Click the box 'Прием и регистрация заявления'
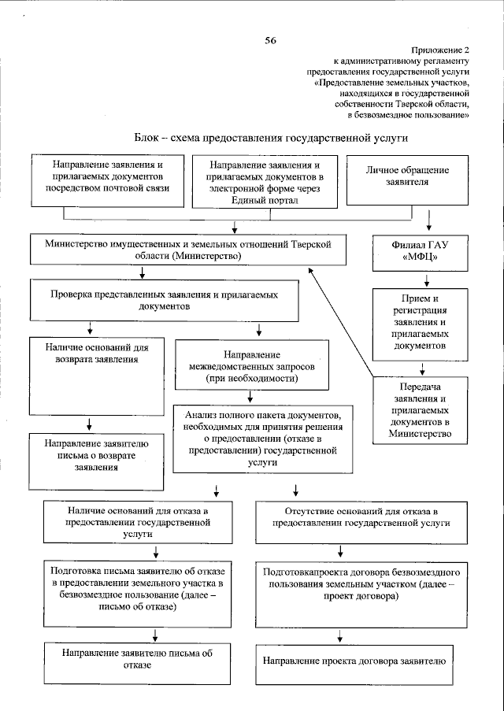[x=425, y=321]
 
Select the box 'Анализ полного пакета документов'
[x=262, y=438]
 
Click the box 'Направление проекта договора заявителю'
[x=354, y=661]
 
